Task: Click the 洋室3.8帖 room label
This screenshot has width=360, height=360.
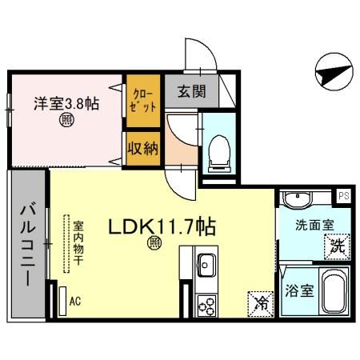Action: (66, 103)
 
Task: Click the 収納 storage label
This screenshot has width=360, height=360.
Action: (143, 149)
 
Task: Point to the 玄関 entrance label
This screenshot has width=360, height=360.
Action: (182, 90)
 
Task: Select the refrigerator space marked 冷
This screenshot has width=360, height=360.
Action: (260, 302)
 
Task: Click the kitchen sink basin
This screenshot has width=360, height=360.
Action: (204, 263)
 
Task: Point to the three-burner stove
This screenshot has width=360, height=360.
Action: (206, 305)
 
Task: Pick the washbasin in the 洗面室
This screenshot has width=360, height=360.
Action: (300, 199)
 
